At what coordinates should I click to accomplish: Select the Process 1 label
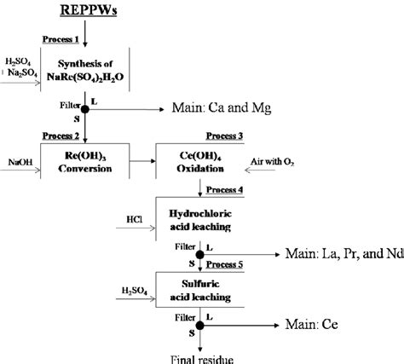(x=61, y=40)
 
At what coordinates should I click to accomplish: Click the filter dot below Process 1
(x=84, y=109)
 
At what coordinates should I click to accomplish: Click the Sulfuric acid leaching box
(x=198, y=289)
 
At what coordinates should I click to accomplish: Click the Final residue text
(x=198, y=356)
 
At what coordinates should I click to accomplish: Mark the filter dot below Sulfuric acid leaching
(x=199, y=325)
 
